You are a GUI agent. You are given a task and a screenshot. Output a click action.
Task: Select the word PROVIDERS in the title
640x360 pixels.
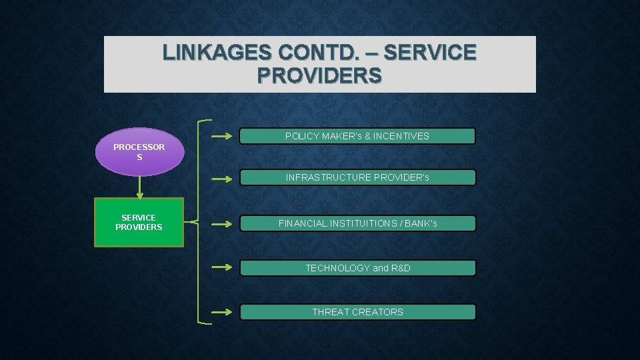tap(319, 75)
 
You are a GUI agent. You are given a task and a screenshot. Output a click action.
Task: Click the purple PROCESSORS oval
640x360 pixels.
tap(139, 152)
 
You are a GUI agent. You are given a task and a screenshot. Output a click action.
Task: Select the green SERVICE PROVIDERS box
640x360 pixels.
tap(139, 223)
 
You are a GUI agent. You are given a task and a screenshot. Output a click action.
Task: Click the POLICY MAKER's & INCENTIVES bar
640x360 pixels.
tap(357, 137)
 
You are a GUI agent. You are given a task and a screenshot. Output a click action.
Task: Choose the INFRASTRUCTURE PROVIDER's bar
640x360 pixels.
tap(357, 178)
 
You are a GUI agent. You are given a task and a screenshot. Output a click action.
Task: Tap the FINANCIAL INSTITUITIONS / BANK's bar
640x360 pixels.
tap(357, 223)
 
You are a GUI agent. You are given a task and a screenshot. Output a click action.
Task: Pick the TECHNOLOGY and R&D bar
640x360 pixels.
tap(357, 268)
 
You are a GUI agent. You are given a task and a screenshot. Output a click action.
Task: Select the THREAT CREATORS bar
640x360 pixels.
tap(357, 312)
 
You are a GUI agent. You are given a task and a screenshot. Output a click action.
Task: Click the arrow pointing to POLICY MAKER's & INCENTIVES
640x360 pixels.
tap(221, 137)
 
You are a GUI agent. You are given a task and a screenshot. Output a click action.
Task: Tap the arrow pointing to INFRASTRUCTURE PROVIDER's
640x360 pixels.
tap(221, 179)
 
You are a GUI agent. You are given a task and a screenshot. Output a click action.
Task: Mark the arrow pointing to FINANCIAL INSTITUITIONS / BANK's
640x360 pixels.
tap(221, 224)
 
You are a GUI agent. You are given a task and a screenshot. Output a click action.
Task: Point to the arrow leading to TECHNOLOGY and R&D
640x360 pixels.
tap(221, 268)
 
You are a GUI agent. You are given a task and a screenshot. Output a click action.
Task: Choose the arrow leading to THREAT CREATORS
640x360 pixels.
tap(221, 312)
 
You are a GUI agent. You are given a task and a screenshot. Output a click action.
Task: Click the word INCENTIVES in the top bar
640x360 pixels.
tap(401, 137)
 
